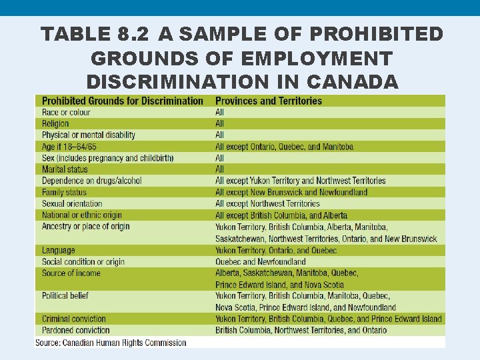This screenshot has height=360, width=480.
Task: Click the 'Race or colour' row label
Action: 66,113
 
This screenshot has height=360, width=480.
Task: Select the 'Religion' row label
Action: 55,124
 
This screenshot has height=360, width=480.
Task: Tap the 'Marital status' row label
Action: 65,169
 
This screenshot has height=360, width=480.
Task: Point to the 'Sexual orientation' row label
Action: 72,204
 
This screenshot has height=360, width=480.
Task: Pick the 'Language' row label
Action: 59,251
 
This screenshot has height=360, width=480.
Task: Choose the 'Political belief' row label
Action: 65,295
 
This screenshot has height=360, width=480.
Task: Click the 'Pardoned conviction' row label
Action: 75,330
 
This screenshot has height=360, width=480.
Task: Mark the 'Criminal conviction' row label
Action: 74,319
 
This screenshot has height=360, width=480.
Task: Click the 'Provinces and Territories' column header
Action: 268,101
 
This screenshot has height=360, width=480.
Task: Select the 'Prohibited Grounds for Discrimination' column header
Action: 122,101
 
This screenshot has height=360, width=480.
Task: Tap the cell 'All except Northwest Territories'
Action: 267,204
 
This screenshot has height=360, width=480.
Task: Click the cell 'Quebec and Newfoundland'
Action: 260,262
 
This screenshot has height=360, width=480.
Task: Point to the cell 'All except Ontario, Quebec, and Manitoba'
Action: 284,147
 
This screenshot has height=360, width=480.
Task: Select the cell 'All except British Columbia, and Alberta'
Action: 281,215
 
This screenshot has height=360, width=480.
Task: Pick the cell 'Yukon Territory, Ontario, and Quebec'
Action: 276,251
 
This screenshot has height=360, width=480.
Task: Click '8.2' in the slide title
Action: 145,34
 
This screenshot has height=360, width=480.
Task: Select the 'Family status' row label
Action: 64,193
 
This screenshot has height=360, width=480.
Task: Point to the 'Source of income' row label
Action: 71,273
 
